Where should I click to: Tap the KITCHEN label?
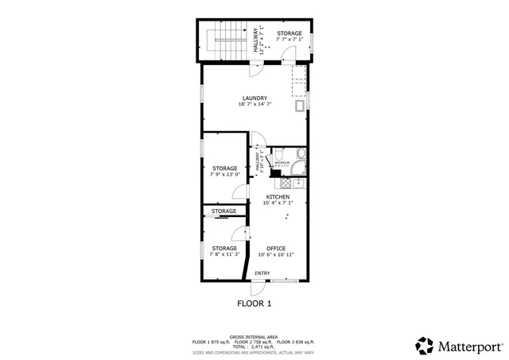[x=278, y=196]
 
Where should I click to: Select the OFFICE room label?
[x=276, y=248]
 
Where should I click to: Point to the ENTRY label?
[x=262, y=273]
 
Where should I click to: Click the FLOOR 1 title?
[x=254, y=303]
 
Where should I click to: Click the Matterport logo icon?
[x=425, y=346]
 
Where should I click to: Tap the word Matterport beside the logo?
[x=469, y=346]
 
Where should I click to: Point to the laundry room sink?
[x=300, y=105]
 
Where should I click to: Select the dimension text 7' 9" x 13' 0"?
[x=225, y=174]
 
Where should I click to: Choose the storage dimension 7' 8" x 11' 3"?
[x=224, y=254]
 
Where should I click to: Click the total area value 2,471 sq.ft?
[x=262, y=346]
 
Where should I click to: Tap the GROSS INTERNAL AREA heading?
[x=254, y=337]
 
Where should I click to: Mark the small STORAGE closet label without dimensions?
[x=224, y=211]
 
